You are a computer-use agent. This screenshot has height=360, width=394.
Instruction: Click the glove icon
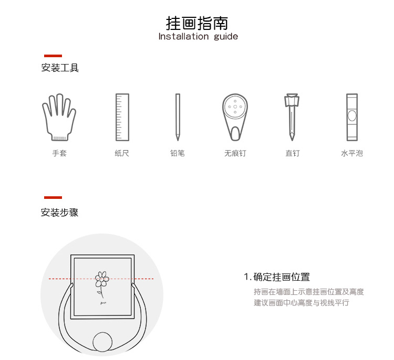point(59,117)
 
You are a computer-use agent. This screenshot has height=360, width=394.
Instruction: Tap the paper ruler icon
point(122,117)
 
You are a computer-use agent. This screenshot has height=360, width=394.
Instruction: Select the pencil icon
point(178,117)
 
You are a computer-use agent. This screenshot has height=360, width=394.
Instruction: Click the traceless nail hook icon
point(235,117)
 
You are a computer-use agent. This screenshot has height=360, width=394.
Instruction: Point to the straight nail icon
point(292,117)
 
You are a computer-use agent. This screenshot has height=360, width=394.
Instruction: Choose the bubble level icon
point(352,117)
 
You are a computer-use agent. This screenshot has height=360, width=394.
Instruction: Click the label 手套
point(59,153)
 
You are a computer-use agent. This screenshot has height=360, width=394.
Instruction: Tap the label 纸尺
point(122,153)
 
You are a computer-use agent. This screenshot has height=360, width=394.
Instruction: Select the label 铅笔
point(178,153)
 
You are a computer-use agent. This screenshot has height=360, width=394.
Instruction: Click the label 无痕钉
point(235,153)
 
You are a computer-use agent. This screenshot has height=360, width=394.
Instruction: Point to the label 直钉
point(293,153)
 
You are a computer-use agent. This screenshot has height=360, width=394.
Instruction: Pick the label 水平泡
point(352,153)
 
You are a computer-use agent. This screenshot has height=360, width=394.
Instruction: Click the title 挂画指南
point(197,23)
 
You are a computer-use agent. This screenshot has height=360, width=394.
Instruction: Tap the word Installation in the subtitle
point(183,37)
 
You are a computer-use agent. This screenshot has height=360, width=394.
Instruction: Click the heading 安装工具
point(60,68)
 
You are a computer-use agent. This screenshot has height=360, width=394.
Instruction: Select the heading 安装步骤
point(59,213)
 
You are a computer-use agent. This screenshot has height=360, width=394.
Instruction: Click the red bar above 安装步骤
point(53,197)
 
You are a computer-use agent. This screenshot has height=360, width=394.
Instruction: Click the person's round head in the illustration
point(102,342)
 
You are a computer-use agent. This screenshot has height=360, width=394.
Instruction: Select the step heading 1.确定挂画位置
point(277,277)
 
